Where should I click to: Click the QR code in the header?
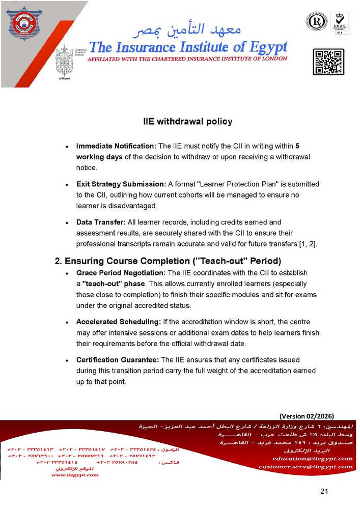tap(328, 63)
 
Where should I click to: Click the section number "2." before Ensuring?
tap(59, 262)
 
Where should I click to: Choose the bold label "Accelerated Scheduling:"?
tap(118, 322)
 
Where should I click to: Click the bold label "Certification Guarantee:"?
tap(118, 360)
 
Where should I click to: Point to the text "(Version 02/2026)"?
tap(307, 415)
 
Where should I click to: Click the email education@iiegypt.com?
tap(312, 459)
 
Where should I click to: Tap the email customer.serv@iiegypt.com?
tap(305, 467)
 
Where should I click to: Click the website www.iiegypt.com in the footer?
tap(75, 475)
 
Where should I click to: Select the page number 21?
tap(324, 492)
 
